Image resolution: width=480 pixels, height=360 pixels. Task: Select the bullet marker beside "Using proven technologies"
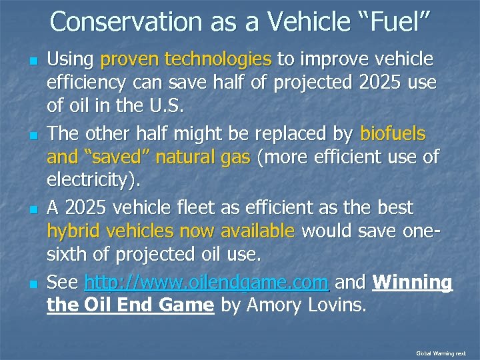[31, 61]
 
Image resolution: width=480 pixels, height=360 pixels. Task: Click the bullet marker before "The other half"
[31, 135]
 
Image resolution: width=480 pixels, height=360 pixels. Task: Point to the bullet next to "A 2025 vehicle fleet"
[31, 209]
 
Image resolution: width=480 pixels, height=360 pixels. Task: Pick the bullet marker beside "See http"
[31, 283]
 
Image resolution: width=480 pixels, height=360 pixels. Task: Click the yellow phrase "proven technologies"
[185, 60]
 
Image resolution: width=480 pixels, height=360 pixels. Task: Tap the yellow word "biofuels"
[392, 134]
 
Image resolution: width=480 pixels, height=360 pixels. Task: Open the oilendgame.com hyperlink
[207, 283]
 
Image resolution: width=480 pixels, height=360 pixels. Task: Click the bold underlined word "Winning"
[412, 283]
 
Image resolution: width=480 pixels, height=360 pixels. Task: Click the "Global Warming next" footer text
[441, 353]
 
